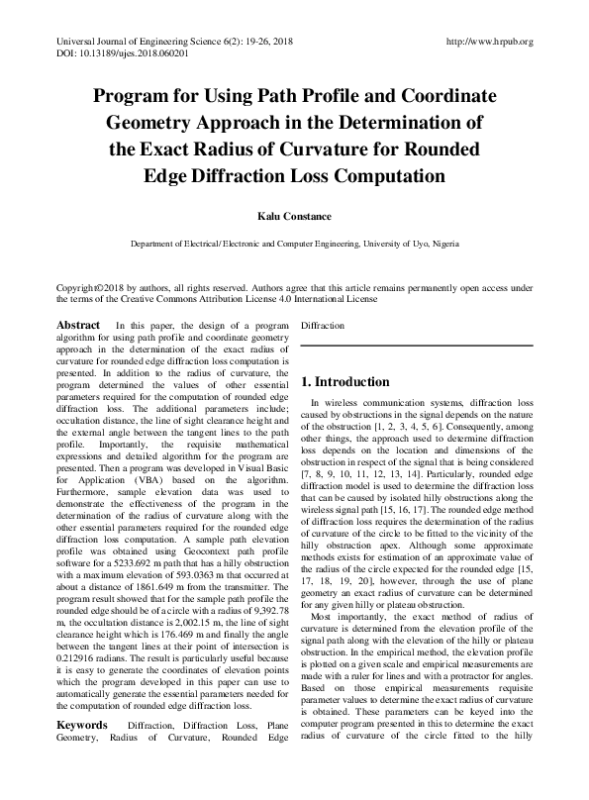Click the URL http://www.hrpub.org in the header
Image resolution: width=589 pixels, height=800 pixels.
pos(490,42)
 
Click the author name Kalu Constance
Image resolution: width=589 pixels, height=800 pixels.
pos(294,215)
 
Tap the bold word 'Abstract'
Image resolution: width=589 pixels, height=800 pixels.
pos(78,326)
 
